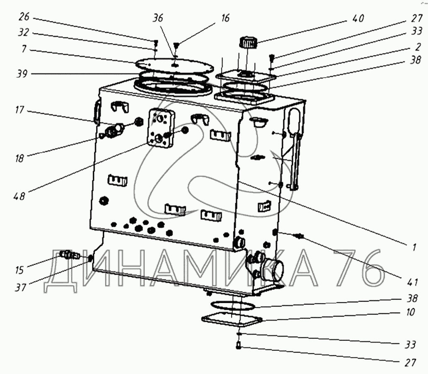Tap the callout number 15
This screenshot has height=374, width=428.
pos(19,270)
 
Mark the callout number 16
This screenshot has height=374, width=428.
pos(225,19)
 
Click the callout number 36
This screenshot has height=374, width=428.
pos(158,19)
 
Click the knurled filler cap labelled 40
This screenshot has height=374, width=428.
pos(247,43)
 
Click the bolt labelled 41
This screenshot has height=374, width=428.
pos(298,237)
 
